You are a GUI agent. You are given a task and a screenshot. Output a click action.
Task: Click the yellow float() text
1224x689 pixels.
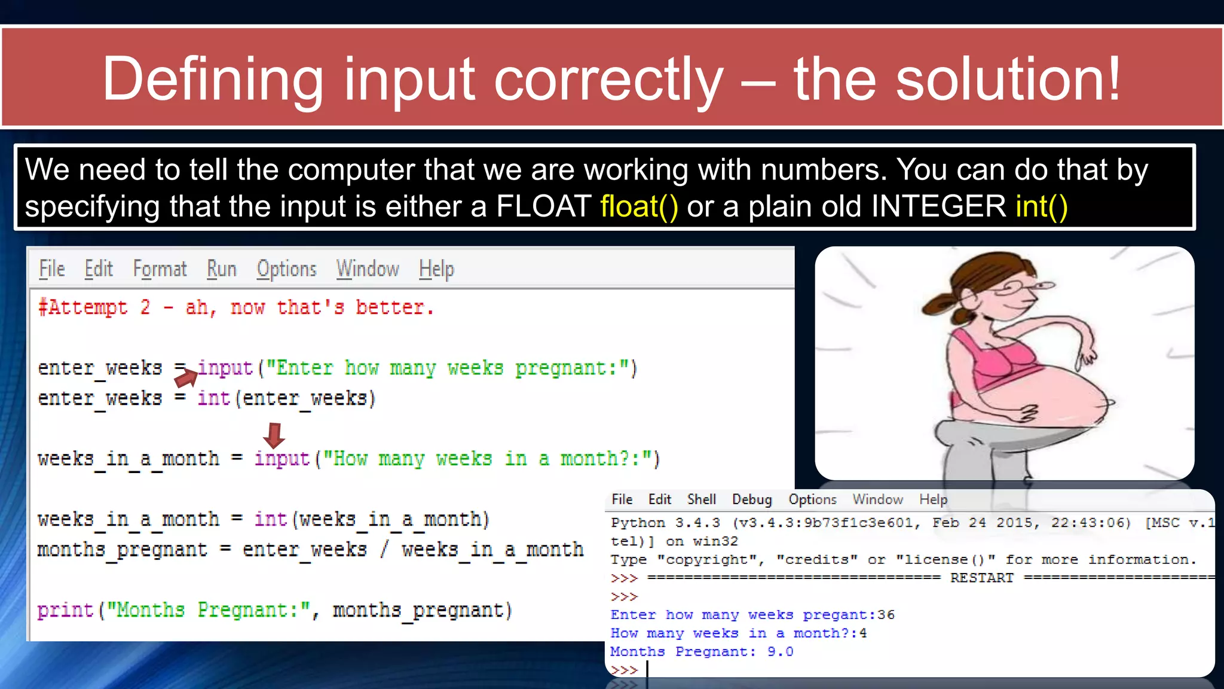pyautogui.click(x=639, y=207)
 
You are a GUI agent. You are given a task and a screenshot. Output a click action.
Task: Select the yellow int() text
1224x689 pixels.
pyautogui.click(x=1041, y=207)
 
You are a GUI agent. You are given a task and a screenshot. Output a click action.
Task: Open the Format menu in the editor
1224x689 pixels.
pyautogui.click(x=160, y=269)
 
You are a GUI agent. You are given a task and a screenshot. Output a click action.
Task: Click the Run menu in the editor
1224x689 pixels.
pyautogui.click(x=222, y=269)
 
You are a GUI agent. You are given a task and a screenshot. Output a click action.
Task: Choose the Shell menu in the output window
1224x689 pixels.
pyautogui.click(x=701, y=499)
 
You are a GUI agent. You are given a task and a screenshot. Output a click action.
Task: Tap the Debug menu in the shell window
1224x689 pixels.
pyautogui.click(x=752, y=499)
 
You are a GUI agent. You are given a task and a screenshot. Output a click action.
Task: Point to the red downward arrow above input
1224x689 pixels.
pyautogui.click(x=274, y=435)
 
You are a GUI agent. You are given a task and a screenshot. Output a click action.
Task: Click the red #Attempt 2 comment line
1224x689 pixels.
pyautogui.click(x=235, y=307)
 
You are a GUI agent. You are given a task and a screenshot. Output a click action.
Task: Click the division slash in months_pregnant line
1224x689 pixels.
pyautogui.click(x=384, y=549)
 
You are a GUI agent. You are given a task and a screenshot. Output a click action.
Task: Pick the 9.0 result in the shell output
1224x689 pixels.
pyautogui.click(x=780, y=652)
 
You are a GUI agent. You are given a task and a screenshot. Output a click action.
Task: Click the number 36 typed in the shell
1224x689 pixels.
pyautogui.click(x=886, y=615)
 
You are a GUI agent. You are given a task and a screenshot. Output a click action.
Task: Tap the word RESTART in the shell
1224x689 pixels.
pyautogui.click(x=982, y=578)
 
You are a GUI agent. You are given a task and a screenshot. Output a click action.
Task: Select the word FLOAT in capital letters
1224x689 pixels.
pyautogui.click(x=543, y=207)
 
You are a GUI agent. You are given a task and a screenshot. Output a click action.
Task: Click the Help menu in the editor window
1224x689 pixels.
pyautogui.click(x=436, y=269)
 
